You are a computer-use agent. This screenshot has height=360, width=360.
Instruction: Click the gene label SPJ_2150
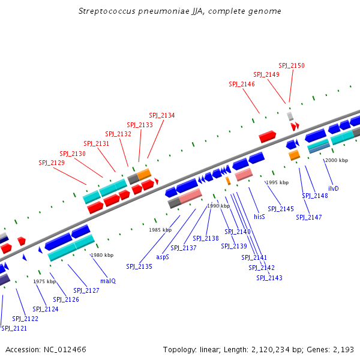292,65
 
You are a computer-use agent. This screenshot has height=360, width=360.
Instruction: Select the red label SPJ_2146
242,84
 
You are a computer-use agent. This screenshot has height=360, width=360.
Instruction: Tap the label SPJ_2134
162,115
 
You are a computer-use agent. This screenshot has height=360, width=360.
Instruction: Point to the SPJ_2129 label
52,163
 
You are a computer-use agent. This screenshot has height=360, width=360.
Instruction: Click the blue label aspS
163,256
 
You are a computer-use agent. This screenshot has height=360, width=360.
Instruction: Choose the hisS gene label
259,216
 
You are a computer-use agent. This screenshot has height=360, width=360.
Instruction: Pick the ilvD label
334,188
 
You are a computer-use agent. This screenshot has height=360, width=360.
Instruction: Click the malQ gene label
108,281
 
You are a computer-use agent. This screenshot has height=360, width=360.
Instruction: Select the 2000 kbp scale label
336,160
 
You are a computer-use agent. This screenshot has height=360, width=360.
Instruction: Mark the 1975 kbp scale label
44,281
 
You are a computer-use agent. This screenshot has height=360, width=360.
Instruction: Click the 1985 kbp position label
160,230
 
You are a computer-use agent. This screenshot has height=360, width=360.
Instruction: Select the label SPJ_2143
269,278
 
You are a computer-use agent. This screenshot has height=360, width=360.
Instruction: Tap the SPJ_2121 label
14,328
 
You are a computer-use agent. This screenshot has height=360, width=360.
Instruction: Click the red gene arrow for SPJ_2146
268,137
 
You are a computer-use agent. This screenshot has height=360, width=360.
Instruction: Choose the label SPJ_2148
315,196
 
